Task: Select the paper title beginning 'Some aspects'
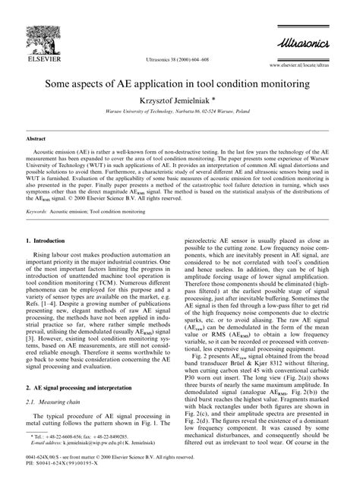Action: point(180,80)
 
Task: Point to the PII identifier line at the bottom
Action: point(65,470)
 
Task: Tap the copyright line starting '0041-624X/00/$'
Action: point(114,463)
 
